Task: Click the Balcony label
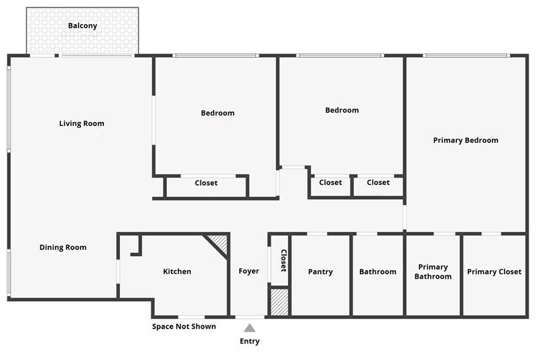[82, 26]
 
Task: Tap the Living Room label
[82, 123]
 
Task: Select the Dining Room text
[63, 247]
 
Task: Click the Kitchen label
[177, 272]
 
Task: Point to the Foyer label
[249, 272]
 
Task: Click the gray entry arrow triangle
[249, 328]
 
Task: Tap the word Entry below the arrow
[249, 341]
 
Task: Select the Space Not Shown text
[184, 326]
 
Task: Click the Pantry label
[320, 272]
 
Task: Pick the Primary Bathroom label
[433, 272]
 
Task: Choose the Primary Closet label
[494, 272]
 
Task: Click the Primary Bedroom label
[466, 141]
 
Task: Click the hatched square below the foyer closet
[279, 302]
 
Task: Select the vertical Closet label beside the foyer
[283, 260]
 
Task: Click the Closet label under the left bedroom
[206, 183]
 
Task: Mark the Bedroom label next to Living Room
[218, 113]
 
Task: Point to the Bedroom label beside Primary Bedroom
[342, 110]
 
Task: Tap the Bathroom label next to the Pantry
[377, 272]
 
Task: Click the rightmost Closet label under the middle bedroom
[378, 182]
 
